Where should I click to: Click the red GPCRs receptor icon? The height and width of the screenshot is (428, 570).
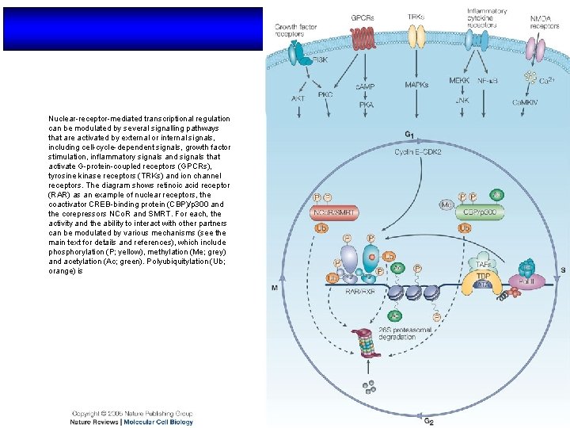(x=362, y=36)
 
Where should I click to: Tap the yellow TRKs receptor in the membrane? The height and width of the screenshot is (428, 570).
(x=416, y=36)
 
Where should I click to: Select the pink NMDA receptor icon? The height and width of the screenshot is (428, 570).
(x=538, y=49)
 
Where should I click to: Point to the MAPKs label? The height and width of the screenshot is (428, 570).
(x=417, y=84)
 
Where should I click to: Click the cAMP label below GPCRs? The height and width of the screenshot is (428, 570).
(x=365, y=86)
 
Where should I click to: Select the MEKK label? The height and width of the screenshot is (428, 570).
(x=459, y=80)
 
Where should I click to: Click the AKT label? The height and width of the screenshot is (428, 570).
(x=298, y=99)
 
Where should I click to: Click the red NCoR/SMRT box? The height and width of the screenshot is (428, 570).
(x=335, y=212)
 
